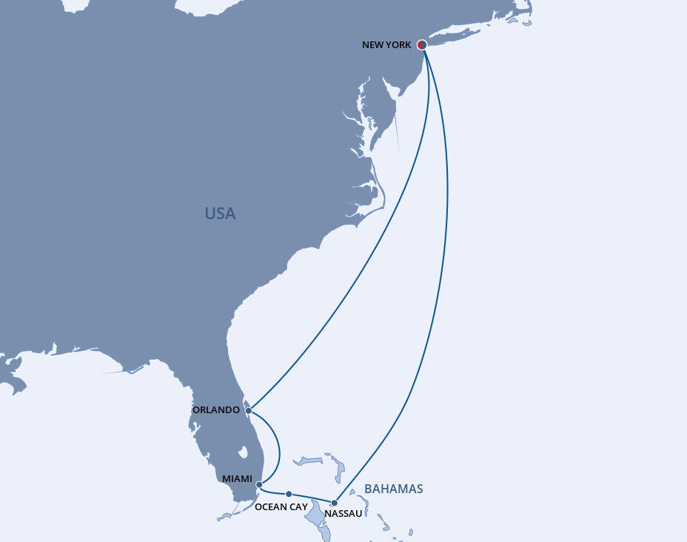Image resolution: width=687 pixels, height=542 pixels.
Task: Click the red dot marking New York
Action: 422,45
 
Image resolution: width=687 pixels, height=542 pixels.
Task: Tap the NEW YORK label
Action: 386,45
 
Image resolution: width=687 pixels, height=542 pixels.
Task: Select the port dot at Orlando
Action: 249,410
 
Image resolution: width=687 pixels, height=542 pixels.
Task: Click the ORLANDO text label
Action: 215,410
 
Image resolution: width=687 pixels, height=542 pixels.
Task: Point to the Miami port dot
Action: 258,484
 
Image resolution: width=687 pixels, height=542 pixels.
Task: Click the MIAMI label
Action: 238,479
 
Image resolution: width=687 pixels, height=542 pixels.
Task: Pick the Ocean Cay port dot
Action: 289,494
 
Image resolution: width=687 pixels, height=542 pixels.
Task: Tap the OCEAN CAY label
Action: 281,507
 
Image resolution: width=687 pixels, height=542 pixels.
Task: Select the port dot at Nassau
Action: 334,503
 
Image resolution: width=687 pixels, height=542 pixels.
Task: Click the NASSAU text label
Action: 343,514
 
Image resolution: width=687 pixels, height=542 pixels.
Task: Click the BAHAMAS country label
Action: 394,489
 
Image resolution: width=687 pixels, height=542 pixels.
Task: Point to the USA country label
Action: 220,214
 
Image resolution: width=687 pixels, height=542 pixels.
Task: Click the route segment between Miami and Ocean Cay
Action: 272,492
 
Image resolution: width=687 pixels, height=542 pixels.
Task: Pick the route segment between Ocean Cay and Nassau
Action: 312,497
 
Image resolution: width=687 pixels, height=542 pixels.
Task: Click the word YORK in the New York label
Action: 398,45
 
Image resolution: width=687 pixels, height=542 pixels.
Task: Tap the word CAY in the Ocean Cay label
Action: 297,507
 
